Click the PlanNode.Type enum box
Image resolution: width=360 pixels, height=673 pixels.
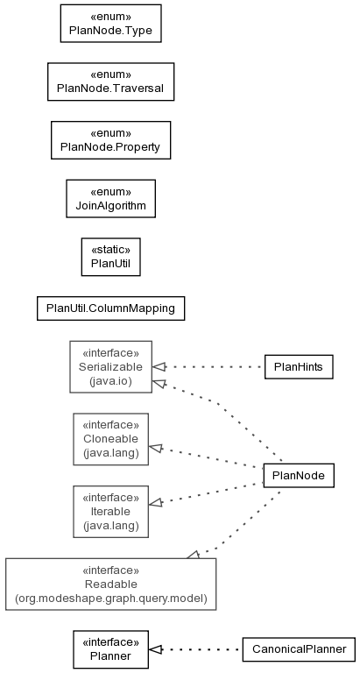click(110, 23)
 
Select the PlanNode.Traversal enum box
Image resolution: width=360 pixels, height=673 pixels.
click(110, 81)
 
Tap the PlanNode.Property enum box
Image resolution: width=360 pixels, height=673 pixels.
click(110, 140)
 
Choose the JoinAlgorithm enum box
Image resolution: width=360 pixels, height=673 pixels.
click(110, 198)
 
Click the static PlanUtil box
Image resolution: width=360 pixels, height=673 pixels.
click(110, 257)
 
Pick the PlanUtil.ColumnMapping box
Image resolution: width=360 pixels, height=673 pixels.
click(110, 308)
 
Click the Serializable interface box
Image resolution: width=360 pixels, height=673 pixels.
click(110, 366)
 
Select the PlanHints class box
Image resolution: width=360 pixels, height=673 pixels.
click(299, 367)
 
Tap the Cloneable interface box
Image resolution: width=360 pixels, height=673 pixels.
click(110, 439)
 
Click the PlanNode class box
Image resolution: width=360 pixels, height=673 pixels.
click(299, 476)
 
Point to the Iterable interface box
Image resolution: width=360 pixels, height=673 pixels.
click(110, 512)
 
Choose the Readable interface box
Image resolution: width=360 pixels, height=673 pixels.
click(110, 584)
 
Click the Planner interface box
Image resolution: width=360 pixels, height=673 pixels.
click(110, 649)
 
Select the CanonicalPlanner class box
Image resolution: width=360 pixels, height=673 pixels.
click(299, 649)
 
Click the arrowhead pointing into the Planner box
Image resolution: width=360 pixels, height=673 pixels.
click(155, 649)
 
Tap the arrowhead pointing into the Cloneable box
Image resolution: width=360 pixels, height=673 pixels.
click(155, 449)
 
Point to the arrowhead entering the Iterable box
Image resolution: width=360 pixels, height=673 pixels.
click(155, 502)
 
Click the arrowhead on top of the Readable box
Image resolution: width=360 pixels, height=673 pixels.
click(193, 555)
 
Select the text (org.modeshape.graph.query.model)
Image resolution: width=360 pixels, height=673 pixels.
click(110, 598)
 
